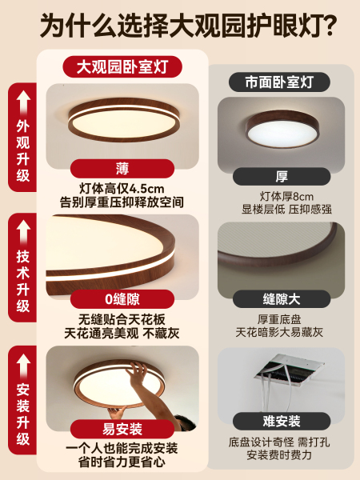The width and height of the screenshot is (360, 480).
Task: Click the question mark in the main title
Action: coord(328,25)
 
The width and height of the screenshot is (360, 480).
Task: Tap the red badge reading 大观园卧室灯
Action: coord(122,66)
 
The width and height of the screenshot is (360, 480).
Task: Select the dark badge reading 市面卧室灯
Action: coord(279,82)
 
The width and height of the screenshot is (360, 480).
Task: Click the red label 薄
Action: coord(122,168)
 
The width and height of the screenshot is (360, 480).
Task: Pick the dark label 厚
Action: coord(282,176)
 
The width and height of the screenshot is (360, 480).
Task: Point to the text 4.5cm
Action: coord(146,189)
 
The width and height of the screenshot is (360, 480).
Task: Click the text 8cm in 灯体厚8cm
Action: coord(302,197)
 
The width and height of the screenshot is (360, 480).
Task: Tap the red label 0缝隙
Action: coord(122,299)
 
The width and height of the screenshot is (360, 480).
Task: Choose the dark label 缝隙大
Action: coord(282,299)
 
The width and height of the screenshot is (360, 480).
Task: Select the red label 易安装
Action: coord(122,429)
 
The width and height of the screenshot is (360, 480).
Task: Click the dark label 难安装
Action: coord(282,422)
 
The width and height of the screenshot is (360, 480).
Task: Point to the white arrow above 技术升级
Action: coord(23,233)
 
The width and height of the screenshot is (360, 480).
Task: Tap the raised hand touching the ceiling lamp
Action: coord(137,374)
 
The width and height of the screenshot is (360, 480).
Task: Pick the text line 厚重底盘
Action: coord(279,319)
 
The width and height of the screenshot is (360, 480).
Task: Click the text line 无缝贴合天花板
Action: coord(122,319)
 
